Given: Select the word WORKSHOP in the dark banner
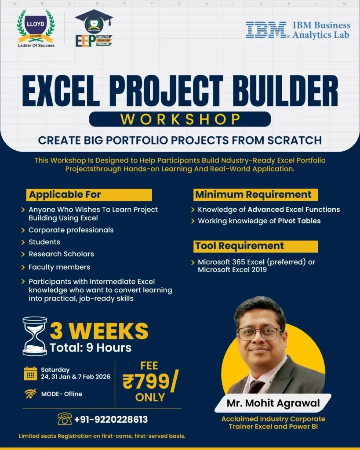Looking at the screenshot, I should click(x=180, y=119).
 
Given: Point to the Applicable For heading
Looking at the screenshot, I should click(x=65, y=195).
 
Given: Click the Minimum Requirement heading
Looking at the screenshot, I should click(x=253, y=195).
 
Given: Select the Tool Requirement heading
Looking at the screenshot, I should click(x=240, y=246).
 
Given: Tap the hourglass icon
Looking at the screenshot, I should click(x=35, y=336).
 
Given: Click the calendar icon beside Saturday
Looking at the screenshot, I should click(x=30, y=373).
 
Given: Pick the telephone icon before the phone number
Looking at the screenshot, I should click(x=65, y=419).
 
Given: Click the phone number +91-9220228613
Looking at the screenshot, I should click(x=111, y=419).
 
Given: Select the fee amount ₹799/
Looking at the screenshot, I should click(x=150, y=382).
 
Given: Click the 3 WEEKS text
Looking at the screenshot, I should click(x=99, y=331).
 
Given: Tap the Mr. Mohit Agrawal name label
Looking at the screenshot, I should click(x=273, y=403).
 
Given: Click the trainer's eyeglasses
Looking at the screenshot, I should click(x=259, y=333).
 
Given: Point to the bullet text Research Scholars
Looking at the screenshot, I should click(x=61, y=254).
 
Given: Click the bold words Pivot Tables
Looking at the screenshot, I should click(x=299, y=221).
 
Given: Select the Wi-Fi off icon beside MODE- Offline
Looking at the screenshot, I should click(x=30, y=394).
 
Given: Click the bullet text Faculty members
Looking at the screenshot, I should click(x=59, y=267).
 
